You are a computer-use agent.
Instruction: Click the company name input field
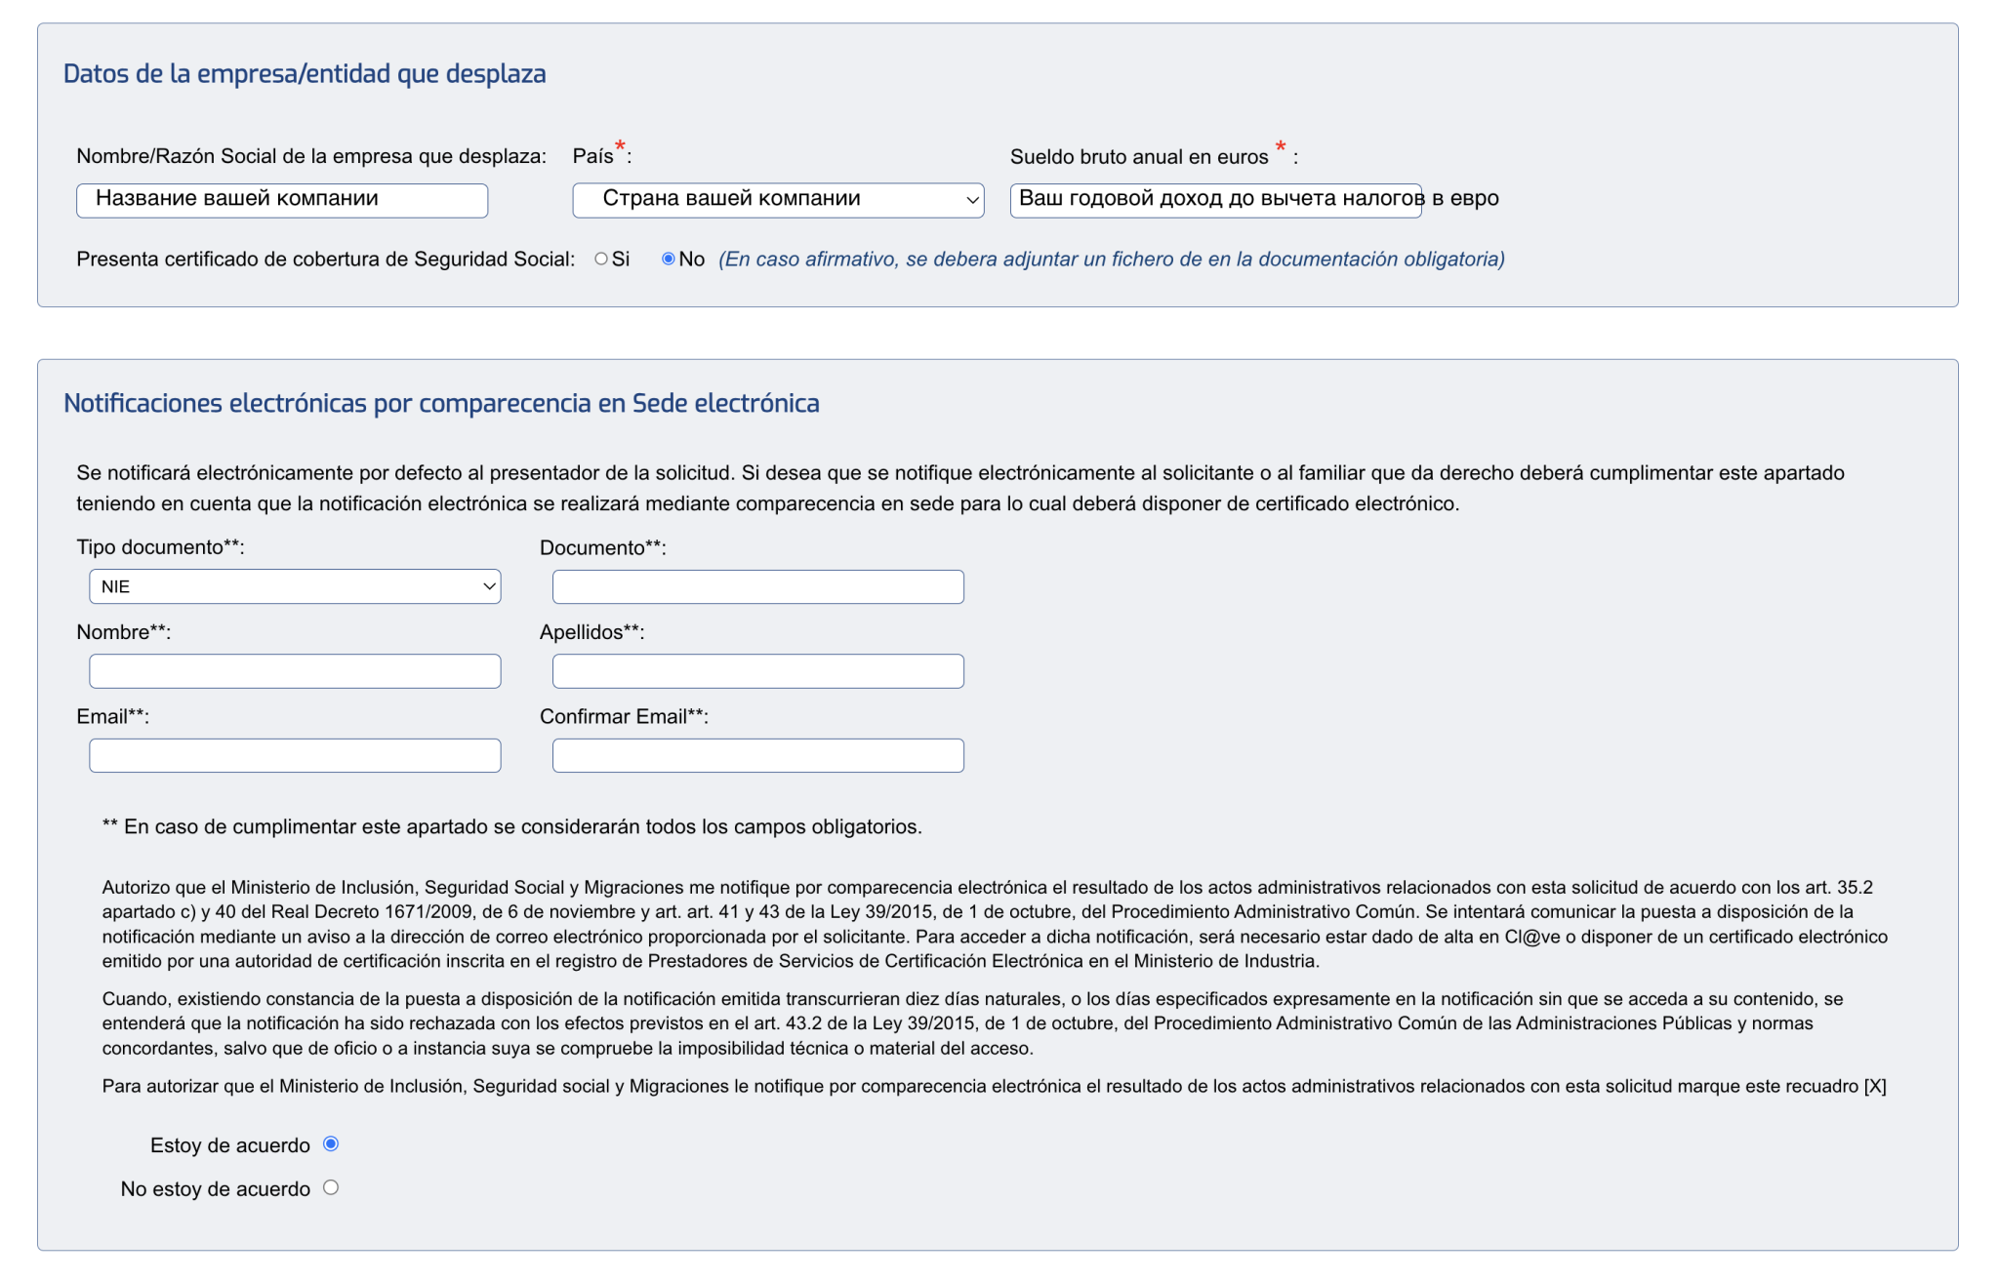[281, 200]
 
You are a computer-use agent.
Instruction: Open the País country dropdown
[777, 200]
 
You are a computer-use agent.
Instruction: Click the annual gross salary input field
[1215, 200]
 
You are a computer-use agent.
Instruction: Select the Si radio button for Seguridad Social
[601, 259]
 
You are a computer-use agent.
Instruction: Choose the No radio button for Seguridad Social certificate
[668, 259]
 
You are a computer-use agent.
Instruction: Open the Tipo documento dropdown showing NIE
[294, 586]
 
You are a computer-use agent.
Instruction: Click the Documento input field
[757, 586]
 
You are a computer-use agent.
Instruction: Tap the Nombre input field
[294, 671]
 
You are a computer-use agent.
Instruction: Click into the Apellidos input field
[757, 671]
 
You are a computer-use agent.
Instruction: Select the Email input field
[294, 755]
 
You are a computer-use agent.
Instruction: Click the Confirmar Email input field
[757, 755]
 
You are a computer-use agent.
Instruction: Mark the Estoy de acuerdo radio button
[331, 1143]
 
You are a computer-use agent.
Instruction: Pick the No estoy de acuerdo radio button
[331, 1187]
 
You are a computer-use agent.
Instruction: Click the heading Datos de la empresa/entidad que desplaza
[305, 74]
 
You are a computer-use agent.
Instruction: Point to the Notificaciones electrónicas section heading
[441, 404]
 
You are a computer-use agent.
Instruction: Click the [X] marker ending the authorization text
[1875, 1086]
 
